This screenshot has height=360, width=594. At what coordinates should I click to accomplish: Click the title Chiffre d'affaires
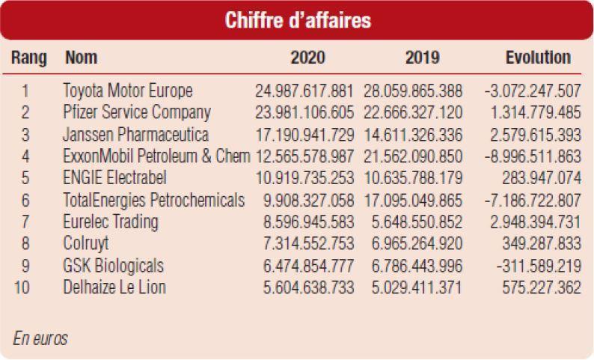point(298,20)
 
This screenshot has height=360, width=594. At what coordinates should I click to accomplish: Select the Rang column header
point(29,58)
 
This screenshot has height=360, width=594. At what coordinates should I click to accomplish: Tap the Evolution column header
point(538,58)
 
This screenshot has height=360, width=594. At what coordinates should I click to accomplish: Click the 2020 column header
point(308,58)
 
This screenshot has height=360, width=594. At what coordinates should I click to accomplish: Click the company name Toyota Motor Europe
point(128,91)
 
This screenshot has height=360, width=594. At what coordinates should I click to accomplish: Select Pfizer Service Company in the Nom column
point(137,113)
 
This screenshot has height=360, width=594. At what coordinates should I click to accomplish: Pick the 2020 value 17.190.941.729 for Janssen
point(304,135)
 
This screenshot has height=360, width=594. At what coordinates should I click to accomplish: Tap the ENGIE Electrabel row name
point(114,178)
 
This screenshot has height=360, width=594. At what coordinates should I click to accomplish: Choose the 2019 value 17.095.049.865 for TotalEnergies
point(413,201)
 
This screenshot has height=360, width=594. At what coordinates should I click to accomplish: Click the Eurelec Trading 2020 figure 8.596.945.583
point(309,222)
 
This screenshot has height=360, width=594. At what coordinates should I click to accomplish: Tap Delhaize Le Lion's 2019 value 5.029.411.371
point(417,287)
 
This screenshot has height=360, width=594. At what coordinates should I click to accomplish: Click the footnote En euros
point(40,339)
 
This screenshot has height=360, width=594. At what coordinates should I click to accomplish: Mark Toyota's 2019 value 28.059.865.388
point(413,91)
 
